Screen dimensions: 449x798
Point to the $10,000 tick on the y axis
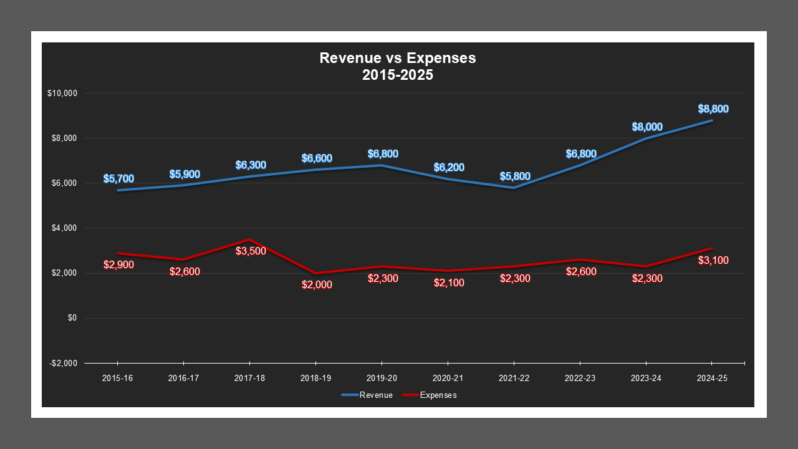pyautogui.click(x=62, y=94)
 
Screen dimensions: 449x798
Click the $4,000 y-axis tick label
pyautogui.click(x=64, y=228)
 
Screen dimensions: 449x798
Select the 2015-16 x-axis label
pyautogui.click(x=117, y=379)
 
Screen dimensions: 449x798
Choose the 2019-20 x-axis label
pyautogui.click(x=382, y=379)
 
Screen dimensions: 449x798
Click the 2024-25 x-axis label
pyautogui.click(x=712, y=379)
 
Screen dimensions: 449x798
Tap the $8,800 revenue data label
pyautogui.click(x=713, y=109)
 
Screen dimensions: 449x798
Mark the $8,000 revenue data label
pyautogui.click(x=647, y=127)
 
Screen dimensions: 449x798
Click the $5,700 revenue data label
pyautogui.click(x=118, y=178)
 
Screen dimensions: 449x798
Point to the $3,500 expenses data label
pyautogui.click(x=251, y=251)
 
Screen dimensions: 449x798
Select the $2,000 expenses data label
pyautogui.click(x=317, y=284)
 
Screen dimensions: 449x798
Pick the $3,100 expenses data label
pyautogui.click(x=713, y=260)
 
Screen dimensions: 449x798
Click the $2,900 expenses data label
pyautogui.click(x=118, y=264)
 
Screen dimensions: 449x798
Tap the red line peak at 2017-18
pyautogui.click(x=249, y=239)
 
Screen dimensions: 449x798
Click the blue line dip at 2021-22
pyautogui.click(x=514, y=188)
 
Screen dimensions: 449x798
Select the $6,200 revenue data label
pyautogui.click(x=449, y=167)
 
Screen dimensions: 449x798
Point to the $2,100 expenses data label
pyautogui.click(x=449, y=282)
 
